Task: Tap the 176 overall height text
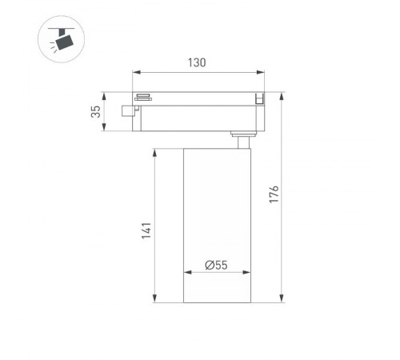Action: (274, 195)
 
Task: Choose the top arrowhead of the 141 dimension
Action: (157, 150)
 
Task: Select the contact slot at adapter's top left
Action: (144, 98)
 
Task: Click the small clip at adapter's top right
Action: (258, 98)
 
